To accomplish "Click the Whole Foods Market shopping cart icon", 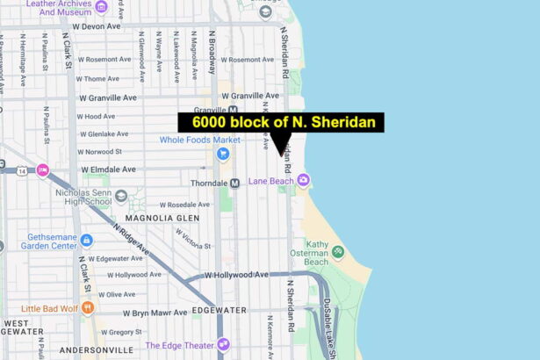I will point(223,155).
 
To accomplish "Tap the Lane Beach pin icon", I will point(303,181).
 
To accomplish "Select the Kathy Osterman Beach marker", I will point(337,253).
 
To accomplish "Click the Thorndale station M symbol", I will point(234,183).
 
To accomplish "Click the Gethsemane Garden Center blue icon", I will point(86,241).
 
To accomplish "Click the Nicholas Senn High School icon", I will point(119,195).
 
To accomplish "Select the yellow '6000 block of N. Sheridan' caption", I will point(282,123).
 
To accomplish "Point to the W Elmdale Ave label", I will point(108,169).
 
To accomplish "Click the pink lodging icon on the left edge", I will point(42,169).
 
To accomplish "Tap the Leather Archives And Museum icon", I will point(101,8).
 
